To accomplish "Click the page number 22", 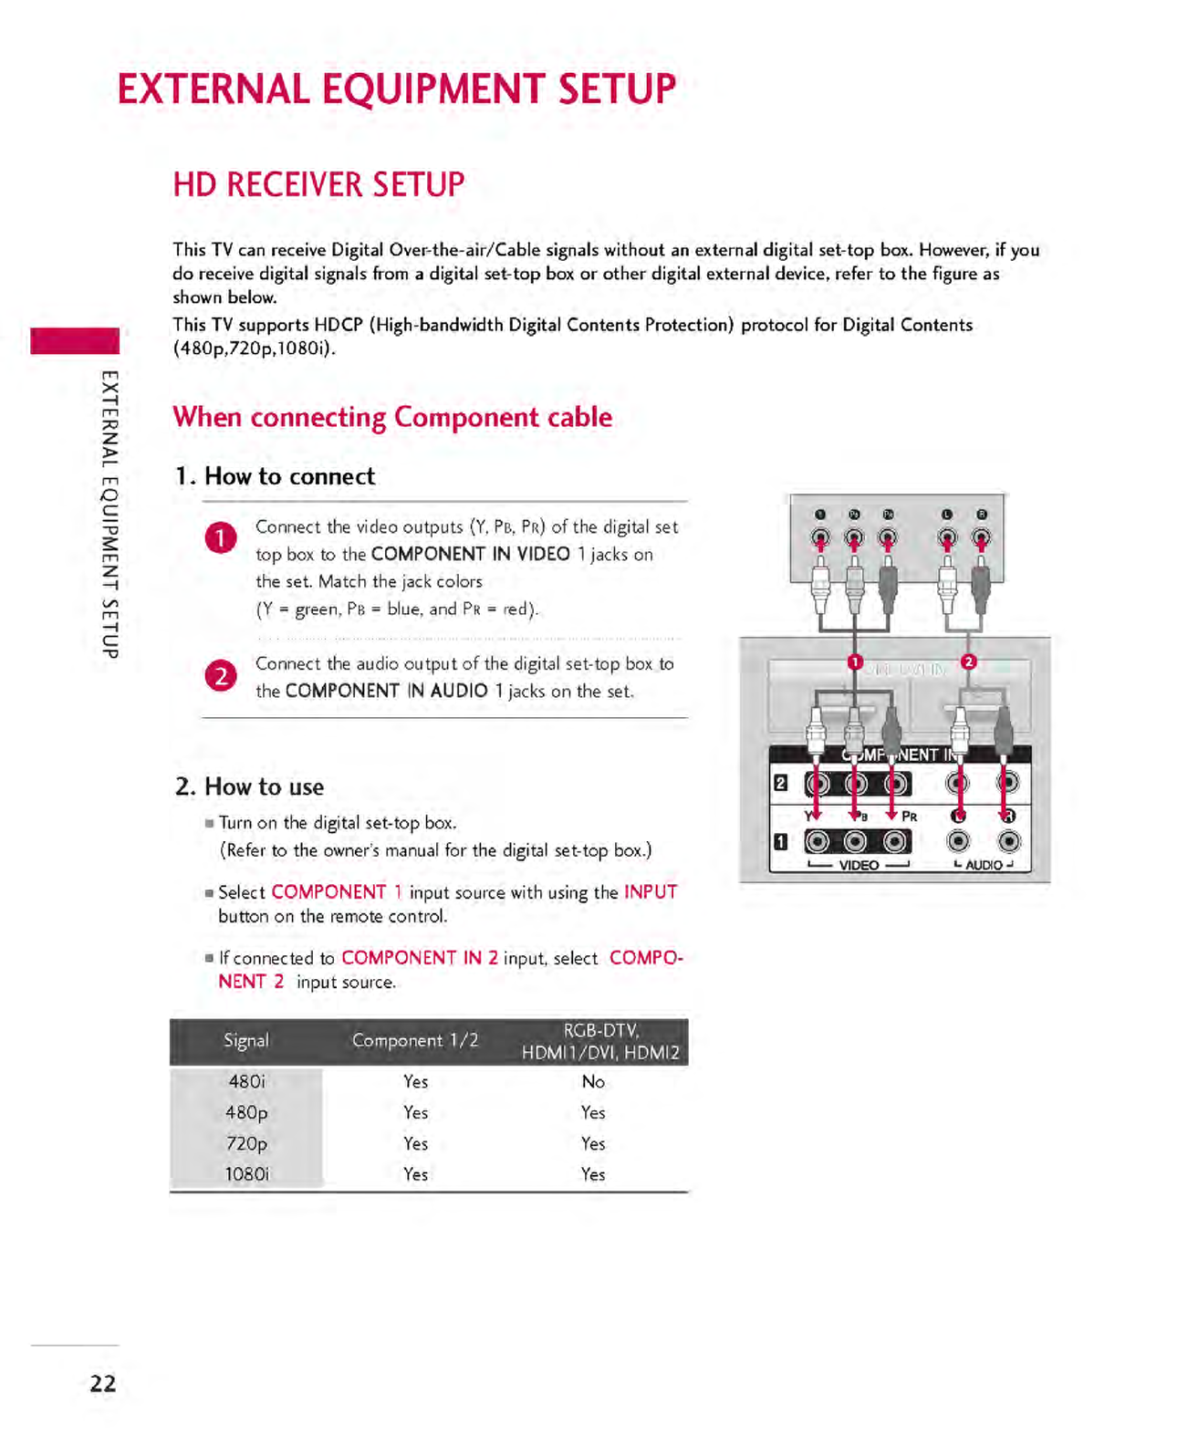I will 103,1383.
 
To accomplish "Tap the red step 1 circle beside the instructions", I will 221,538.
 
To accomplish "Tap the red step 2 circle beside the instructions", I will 221,675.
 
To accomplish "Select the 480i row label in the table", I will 246,1081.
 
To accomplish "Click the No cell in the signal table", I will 593,1081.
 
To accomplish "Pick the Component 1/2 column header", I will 415,1040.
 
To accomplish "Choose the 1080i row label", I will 246,1174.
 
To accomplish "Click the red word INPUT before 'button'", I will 651,892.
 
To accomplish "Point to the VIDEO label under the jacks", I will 859,865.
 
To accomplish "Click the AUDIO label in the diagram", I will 984,865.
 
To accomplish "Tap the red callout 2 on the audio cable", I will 969,661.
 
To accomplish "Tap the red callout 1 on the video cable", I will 855,661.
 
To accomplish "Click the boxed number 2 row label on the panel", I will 781,783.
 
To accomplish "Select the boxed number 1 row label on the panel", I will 781,841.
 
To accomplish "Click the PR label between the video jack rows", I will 909,817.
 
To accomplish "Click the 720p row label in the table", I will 246,1143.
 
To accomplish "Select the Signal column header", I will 246,1040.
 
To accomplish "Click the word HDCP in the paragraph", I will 339,326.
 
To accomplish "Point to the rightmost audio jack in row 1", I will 1008,841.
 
